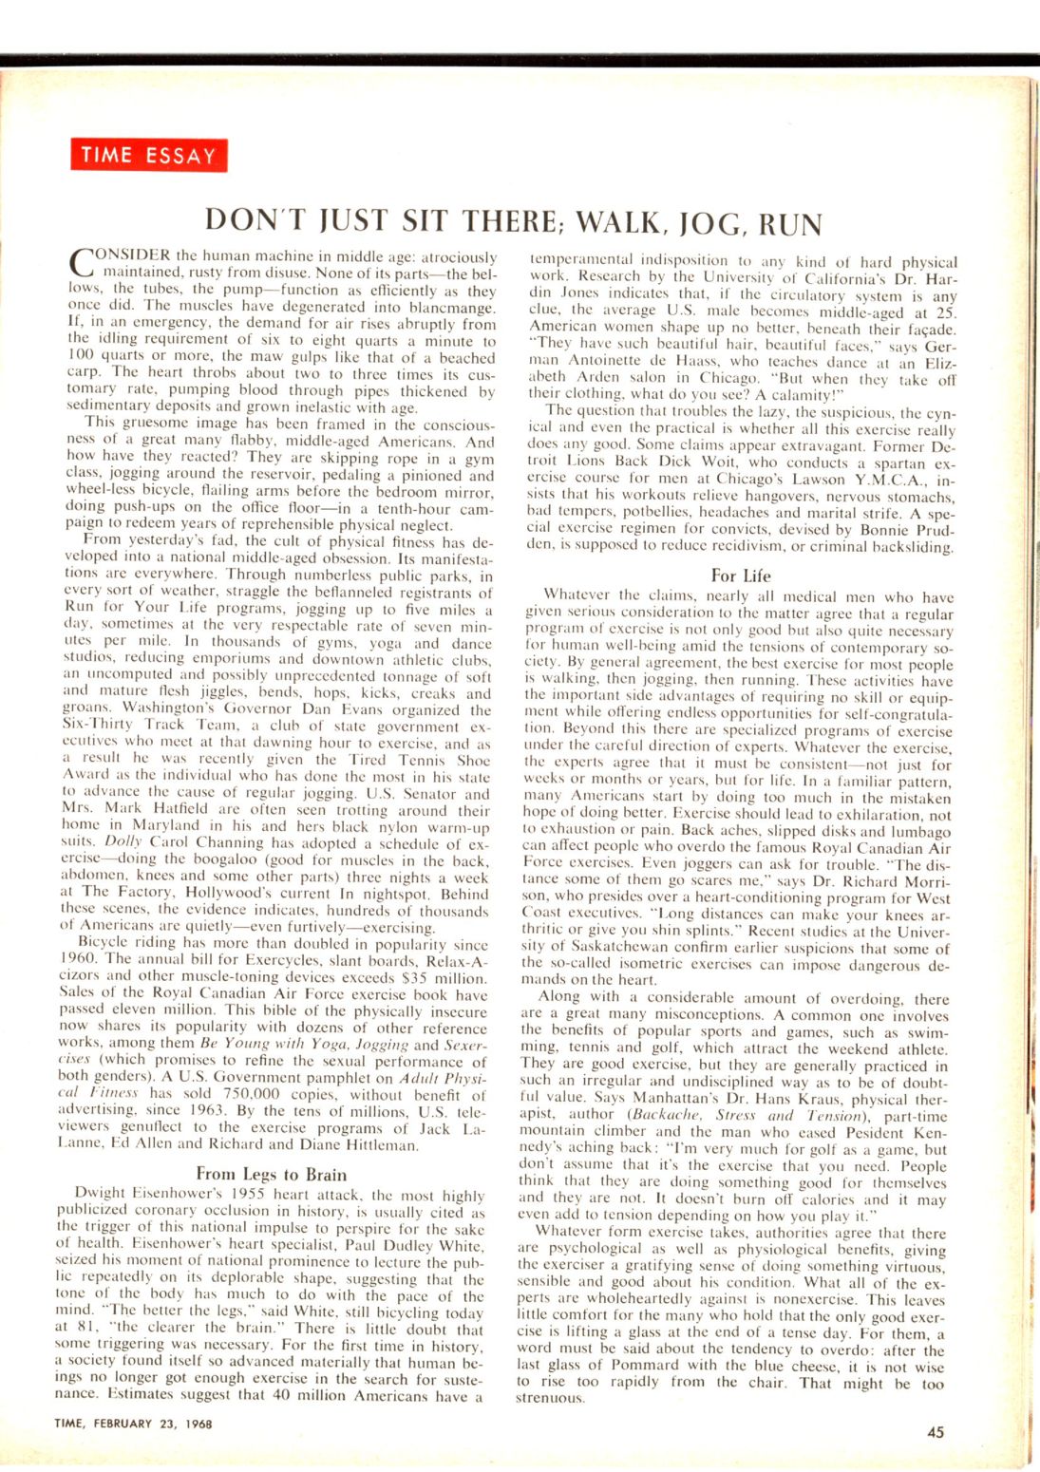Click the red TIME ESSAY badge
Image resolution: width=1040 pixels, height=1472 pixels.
click(x=148, y=156)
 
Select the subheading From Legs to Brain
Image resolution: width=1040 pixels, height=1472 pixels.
click(x=271, y=1174)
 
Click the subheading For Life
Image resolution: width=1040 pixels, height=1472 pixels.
click(x=741, y=576)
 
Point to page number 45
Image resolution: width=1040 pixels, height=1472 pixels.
click(x=936, y=1432)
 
